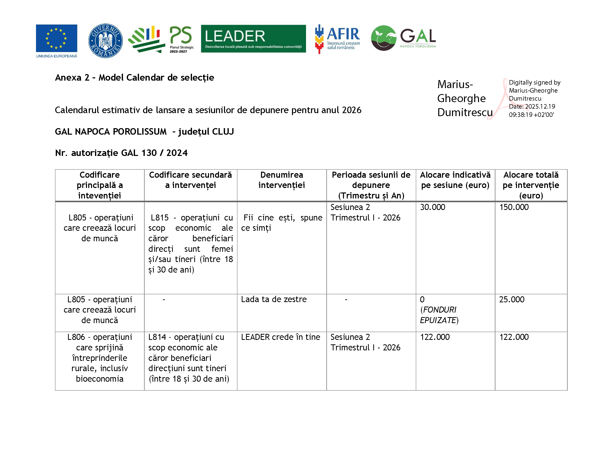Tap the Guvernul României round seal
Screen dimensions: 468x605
coord(105,41)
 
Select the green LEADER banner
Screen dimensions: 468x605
coord(253,39)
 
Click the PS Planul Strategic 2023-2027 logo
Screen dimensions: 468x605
coord(161,39)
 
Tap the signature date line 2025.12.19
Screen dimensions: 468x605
coord(532,106)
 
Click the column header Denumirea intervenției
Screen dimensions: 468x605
coord(281,180)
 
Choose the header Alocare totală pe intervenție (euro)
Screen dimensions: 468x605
coord(531,185)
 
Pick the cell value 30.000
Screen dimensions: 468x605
coord(432,207)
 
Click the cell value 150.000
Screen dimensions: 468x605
coord(514,207)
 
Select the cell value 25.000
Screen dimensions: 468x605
coord(512,299)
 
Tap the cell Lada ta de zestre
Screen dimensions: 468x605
coord(274,299)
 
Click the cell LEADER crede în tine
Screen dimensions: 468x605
coord(280,337)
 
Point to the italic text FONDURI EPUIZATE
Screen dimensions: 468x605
coord(439,315)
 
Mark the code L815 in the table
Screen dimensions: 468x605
coord(159,218)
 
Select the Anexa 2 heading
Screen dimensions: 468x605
coord(134,78)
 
